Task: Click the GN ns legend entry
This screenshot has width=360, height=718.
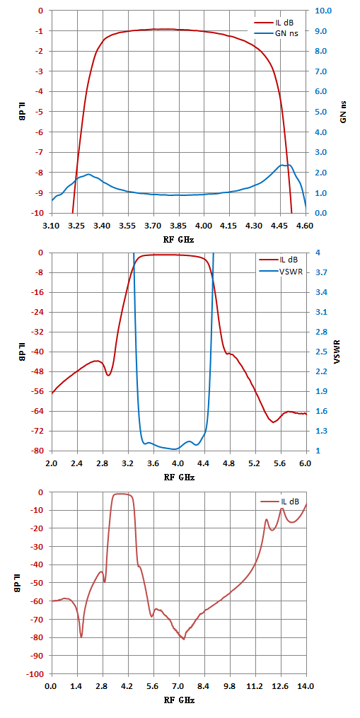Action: pyautogui.click(x=277, y=33)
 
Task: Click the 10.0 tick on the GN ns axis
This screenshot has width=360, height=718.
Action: pyautogui.click(x=319, y=11)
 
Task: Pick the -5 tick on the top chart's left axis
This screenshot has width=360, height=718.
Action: pyautogui.click(x=41, y=112)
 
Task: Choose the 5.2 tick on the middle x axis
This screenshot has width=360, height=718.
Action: pyautogui.click(x=255, y=463)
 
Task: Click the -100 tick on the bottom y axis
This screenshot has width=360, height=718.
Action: pyautogui.click(x=37, y=674)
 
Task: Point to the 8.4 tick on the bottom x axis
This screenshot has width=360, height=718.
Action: pyautogui.click(x=204, y=685)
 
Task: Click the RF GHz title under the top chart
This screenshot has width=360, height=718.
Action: pyautogui.click(x=179, y=239)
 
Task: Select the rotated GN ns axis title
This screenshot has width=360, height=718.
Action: pyautogui.click(x=343, y=112)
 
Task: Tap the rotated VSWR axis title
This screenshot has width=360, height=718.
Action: pyautogui.click(x=337, y=352)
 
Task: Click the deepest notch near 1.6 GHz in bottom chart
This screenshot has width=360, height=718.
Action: pyautogui.click(x=81, y=637)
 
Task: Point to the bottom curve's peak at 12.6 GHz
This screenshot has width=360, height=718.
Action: pyautogui.click(x=282, y=509)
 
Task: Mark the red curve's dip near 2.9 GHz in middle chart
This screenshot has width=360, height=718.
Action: pyautogui.click(x=108, y=376)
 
